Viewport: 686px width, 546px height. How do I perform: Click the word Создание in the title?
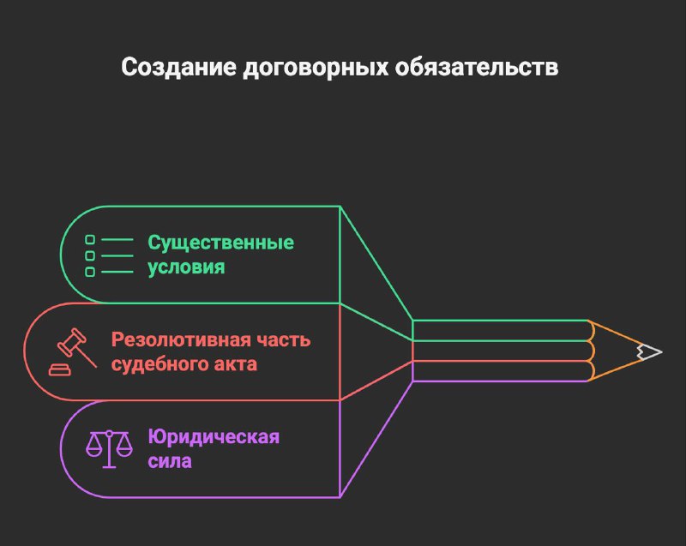[x=178, y=68]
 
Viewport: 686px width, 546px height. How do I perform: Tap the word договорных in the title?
[x=316, y=69]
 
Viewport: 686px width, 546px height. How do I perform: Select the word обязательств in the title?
[x=477, y=68]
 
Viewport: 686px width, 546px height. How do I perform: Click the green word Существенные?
[x=220, y=243]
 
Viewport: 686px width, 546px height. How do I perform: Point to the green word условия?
[x=186, y=267]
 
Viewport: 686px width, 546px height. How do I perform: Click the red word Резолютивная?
[x=180, y=339]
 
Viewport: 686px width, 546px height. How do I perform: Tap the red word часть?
[x=284, y=339]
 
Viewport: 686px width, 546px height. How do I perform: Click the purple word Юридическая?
[x=214, y=436]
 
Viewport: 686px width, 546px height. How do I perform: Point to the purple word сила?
[x=170, y=461]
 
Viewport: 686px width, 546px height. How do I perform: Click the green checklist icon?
[x=109, y=255]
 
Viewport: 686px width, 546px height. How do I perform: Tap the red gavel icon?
[x=72, y=351]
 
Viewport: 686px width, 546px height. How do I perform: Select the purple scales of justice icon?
[x=109, y=449]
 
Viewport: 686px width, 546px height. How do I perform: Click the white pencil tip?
[x=649, y=351]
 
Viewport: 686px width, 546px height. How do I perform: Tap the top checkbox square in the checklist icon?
[x=90, y=239]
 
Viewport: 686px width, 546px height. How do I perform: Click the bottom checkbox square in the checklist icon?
[x=90, y=272]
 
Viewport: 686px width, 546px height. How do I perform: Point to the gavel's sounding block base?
[x=59, y=369]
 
